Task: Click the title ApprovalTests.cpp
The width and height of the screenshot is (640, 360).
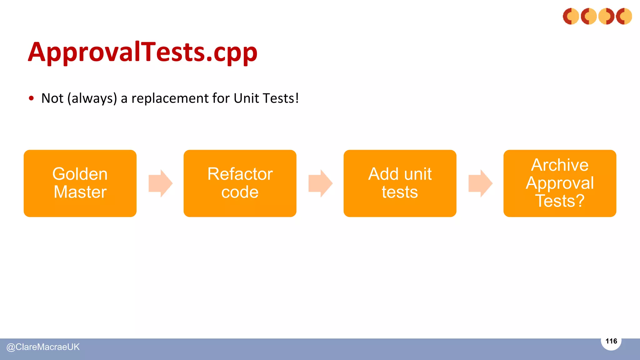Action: (x=142, y=52)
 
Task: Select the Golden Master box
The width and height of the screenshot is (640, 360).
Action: (x=80, y=183)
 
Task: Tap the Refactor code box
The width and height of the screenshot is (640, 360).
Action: (x=240, y=183)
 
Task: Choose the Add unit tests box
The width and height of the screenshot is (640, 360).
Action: (x=400, y=183)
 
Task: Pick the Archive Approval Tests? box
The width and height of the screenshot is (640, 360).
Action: (x=560, y=183)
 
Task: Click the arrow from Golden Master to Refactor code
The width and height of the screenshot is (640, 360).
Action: (x=160, y=183)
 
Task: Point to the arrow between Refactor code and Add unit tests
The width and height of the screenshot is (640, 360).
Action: (x=320, y=183)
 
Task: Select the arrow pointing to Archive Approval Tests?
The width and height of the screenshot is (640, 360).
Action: (x=480, y=183)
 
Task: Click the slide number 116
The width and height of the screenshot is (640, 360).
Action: (x=611, y=341)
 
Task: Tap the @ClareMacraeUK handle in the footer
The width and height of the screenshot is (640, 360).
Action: (x=43, y=347)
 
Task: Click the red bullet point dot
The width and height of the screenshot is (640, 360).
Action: (x=31, y=98)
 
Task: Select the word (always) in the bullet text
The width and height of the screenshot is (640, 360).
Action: (x=92, y=98)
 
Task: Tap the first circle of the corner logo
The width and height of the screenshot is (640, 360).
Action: (x=571, y=16)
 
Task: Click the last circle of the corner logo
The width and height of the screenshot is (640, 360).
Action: (x=624, y=16)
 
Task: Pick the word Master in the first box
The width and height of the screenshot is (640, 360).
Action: (x=80, y=192)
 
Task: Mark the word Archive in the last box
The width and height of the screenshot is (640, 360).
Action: (x=560, y=165)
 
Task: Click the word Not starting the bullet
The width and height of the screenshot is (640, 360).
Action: (x=52, y=98)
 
